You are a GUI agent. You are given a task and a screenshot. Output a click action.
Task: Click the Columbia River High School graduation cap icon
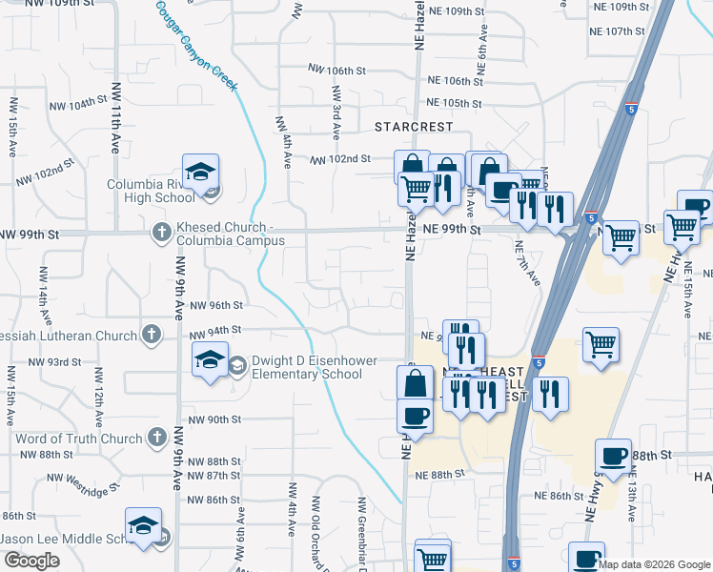tap(201, 173)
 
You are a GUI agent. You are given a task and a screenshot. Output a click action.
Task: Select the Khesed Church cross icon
tap(161, 231)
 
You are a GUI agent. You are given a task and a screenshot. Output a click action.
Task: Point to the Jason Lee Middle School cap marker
tap(144, 525)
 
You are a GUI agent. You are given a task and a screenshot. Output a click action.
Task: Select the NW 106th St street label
tap(337, 71)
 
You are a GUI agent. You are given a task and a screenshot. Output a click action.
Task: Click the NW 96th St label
tap(216, 305)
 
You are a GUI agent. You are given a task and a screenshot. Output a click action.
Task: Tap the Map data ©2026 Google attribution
tap(654, 564)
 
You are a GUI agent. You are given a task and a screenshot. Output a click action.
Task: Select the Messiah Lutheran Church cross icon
tap(151, 335)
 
